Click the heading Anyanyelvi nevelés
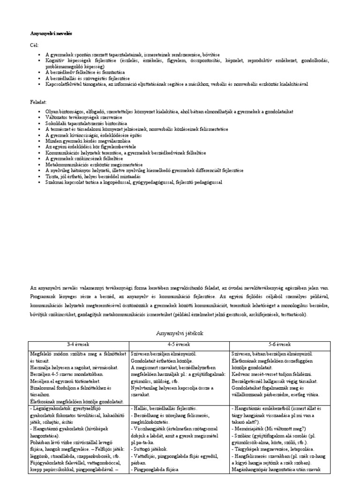[52, 34]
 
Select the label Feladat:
[38, 101]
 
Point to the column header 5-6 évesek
[280, 344]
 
